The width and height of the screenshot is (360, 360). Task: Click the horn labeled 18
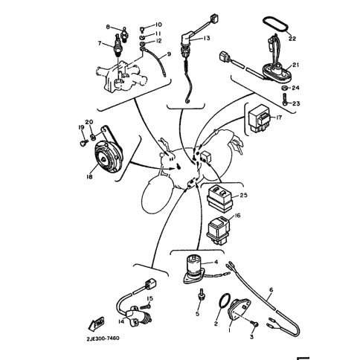pyautogui.click(x=108, y=158)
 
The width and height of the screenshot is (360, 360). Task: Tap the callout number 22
pyautogui.click(x=292, y=39)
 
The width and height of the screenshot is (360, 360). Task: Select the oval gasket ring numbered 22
pyautogui.click(x=275, y=25)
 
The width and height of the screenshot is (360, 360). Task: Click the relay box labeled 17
pyautogui.click(x=260, y=118)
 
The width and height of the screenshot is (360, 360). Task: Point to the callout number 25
pyautogui.click(x=244, y=195)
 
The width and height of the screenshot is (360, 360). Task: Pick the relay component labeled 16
pyautogui.click(x=218, y=230)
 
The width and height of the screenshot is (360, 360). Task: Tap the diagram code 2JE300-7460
pyautogui.click(x=103, y=338)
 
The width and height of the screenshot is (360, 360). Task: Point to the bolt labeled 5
pyautogui.click(x=200, y=295)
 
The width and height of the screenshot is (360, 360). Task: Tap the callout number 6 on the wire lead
pyautogui.click(x=271, y=289)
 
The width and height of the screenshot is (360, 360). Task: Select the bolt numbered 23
pyautogui.click(x=285, y=100)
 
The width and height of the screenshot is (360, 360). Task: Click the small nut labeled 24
pyautogui.click(x=285, y=88)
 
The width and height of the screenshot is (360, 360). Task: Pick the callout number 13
pyautogui.click(x=207, y=38)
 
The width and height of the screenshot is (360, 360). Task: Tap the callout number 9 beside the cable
pyautogui.click(x=169, y=54)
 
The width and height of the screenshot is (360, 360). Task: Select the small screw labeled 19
pyautogui.click(x=84, y=143)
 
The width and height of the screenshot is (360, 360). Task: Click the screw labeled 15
pyautogui.click(x=145, y=306)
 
